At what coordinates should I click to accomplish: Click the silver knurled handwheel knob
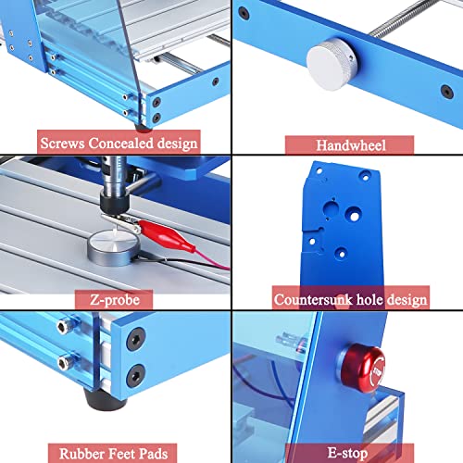[x=332, y=64]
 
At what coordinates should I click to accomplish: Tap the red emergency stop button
[x=364, y=368]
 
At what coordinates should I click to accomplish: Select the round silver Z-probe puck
[x=114, y=247]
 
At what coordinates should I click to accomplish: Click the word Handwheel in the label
[x=351, y=145]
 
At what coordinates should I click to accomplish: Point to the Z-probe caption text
[x=115, y=300]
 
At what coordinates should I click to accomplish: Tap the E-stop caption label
[x=347, y=453]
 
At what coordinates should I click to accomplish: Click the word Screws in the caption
[x=62, y=144]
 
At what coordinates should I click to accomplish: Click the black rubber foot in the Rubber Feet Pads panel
[x=104, y=399]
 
